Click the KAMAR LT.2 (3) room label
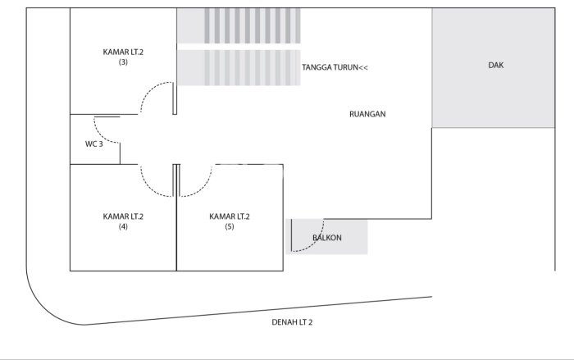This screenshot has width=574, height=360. click(123, 57)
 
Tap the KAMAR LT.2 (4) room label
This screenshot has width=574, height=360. click(123, 221)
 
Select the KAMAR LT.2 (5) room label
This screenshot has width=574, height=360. click(230, 221)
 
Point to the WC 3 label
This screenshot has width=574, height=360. click(94, 144)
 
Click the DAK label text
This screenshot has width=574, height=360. click(495, 65)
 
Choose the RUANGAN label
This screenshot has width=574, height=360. click(367, 114)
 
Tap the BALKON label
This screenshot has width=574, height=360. click(327, 238)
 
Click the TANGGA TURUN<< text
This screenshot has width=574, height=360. click(335, 67)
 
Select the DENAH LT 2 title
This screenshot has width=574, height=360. click(292, 322)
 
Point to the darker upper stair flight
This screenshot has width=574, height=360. click(239, 25)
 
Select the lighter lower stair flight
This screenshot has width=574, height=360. click(239, 68)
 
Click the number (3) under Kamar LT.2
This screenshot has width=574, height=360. click(123, 62)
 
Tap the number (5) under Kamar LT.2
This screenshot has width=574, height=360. click(230, 226)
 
